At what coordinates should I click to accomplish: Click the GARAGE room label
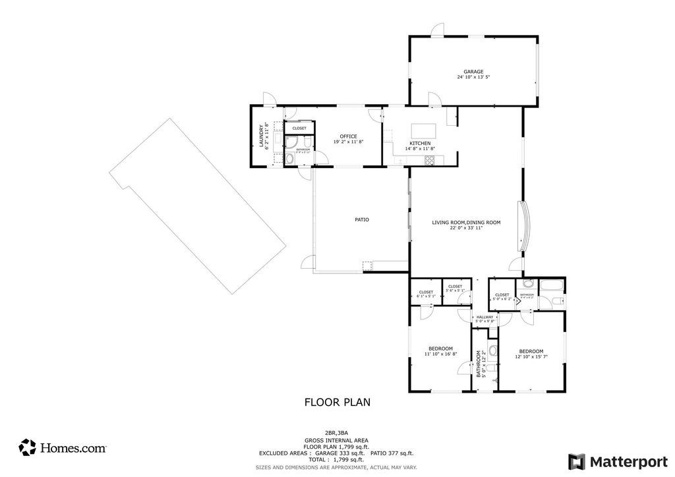(473, 71)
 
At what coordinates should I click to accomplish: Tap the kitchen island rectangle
(420, 129)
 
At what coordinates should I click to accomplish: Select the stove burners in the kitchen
(430, 159)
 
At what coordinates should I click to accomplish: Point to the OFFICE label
(348, 136)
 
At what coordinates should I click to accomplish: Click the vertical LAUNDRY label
(262, 136)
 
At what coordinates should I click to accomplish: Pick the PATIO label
(361, 219)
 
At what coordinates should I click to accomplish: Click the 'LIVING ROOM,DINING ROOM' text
(466, 223)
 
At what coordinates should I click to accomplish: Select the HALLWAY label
(484, 317)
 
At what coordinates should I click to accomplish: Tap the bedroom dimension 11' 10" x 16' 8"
(440, 354)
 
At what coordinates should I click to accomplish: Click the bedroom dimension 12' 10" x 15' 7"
(531, 357)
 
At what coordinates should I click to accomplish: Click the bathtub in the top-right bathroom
(552, 287)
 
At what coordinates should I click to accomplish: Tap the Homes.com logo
(63, 447)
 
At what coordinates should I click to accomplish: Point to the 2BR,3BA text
(336, 434)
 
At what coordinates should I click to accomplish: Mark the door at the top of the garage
(437, 30)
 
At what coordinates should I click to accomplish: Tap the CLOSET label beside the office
(299, 128)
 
